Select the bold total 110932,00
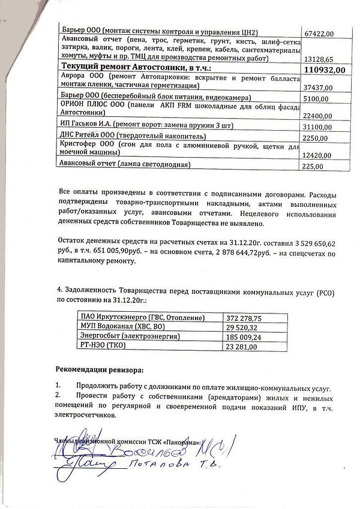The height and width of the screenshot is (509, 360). click(325, 70)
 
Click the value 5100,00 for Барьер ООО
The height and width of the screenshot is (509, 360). click(317, 98)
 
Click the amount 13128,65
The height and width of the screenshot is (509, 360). click(319, 59)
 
